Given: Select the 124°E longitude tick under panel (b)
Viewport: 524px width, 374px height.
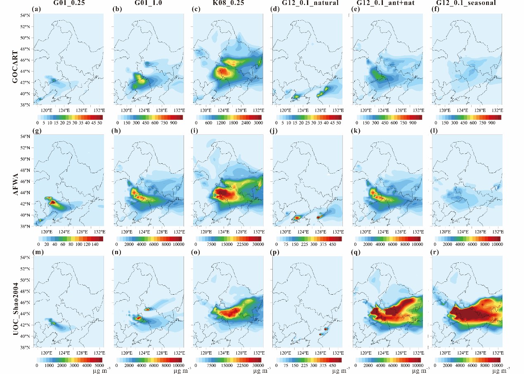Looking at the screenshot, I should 144,111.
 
